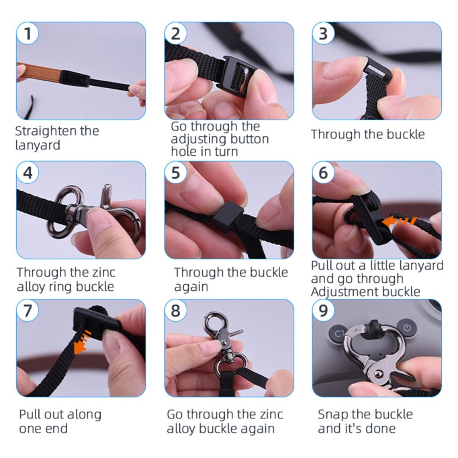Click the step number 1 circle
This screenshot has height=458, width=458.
click(x=27, y=33)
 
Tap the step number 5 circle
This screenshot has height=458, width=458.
click(x=175, y=172)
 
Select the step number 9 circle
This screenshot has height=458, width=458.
click(x=323, y=310)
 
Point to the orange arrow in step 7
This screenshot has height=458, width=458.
click(x=82, y=342)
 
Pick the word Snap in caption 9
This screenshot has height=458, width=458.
click(x=332, y=414)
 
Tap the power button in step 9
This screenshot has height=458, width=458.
click(x=408, y=327)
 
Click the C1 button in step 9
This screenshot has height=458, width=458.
click(x=337, y=333)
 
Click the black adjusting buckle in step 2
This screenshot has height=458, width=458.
click(x=237, y=73)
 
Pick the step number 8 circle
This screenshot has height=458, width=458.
click(x=175, y=310)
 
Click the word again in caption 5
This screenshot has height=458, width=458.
click(x=191, y=287)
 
